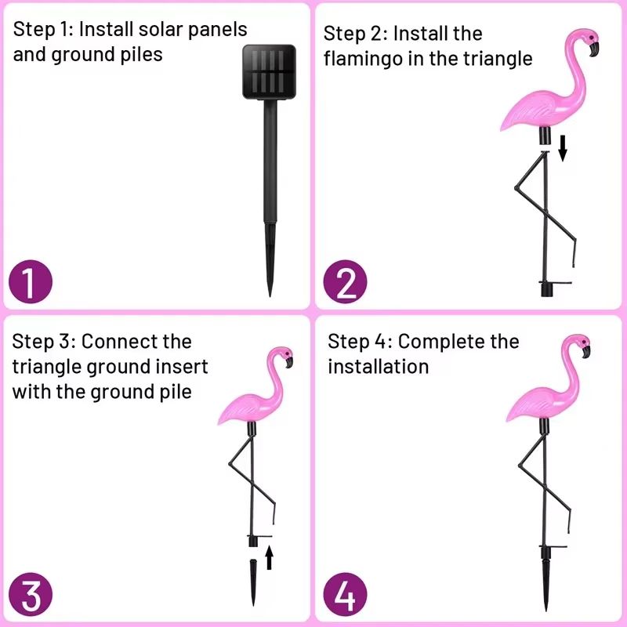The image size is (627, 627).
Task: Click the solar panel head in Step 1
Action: click(x=270, y=71)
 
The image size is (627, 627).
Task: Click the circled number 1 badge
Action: click(x=30, y=283)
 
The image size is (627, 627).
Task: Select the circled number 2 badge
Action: click(x=346, y=283)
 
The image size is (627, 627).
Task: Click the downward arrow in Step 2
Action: click(x=562, y=147)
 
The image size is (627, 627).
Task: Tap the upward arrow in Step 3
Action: click(x=269, y=556)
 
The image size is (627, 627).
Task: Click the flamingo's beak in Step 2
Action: click(x=593, y=49)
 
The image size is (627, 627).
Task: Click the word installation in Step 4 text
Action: click(x=379, y=367)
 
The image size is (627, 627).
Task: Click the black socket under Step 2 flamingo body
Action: click(x=545, y=137)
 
